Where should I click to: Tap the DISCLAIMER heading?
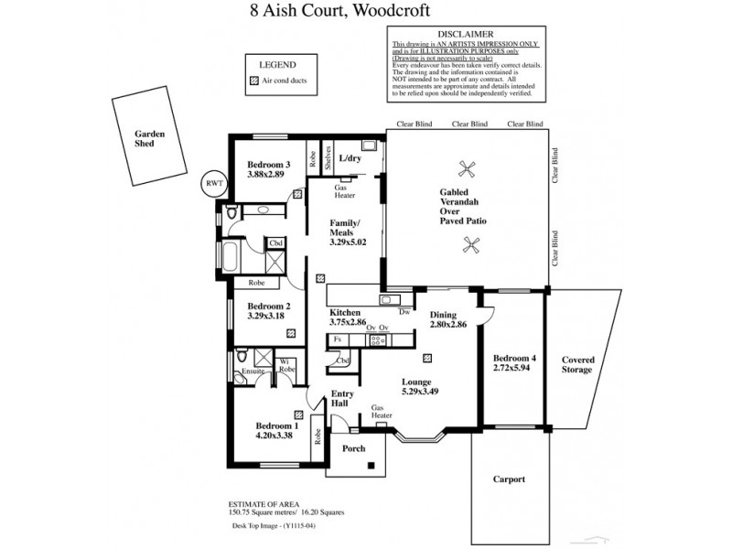pos(466,33)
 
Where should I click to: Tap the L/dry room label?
pos(350,158)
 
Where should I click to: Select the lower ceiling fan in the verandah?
pos(473,243)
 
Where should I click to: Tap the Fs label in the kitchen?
pos(338,339)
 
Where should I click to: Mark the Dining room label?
pos(447,314)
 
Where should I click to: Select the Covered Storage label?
pos(577,364)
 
